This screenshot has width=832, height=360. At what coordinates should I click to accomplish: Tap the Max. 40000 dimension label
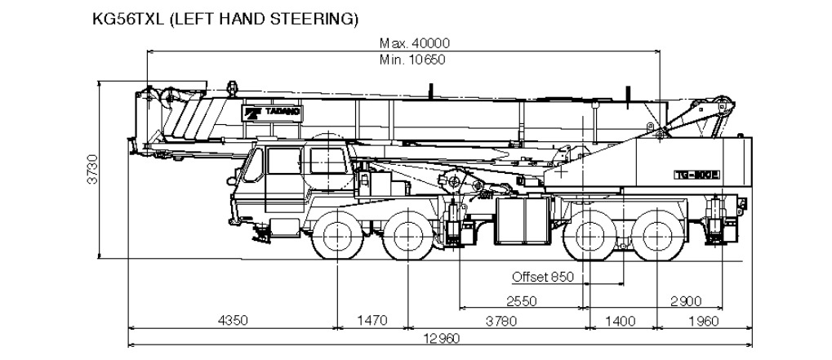(x=415, y=43)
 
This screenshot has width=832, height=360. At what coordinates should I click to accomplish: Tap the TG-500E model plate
(x=696, y=173)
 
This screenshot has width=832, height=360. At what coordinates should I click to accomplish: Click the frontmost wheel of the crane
(x=337, y=235)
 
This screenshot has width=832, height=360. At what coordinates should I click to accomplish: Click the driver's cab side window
(x=281, y=162)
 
